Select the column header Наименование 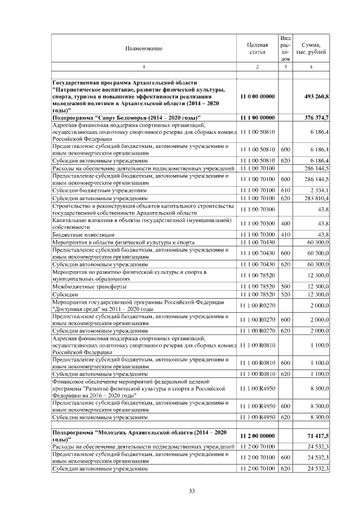144,48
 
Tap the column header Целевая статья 257,48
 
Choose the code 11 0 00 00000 257,97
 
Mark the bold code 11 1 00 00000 257,117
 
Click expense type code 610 285,191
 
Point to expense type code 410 285,233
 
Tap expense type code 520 285,294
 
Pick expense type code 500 285,286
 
